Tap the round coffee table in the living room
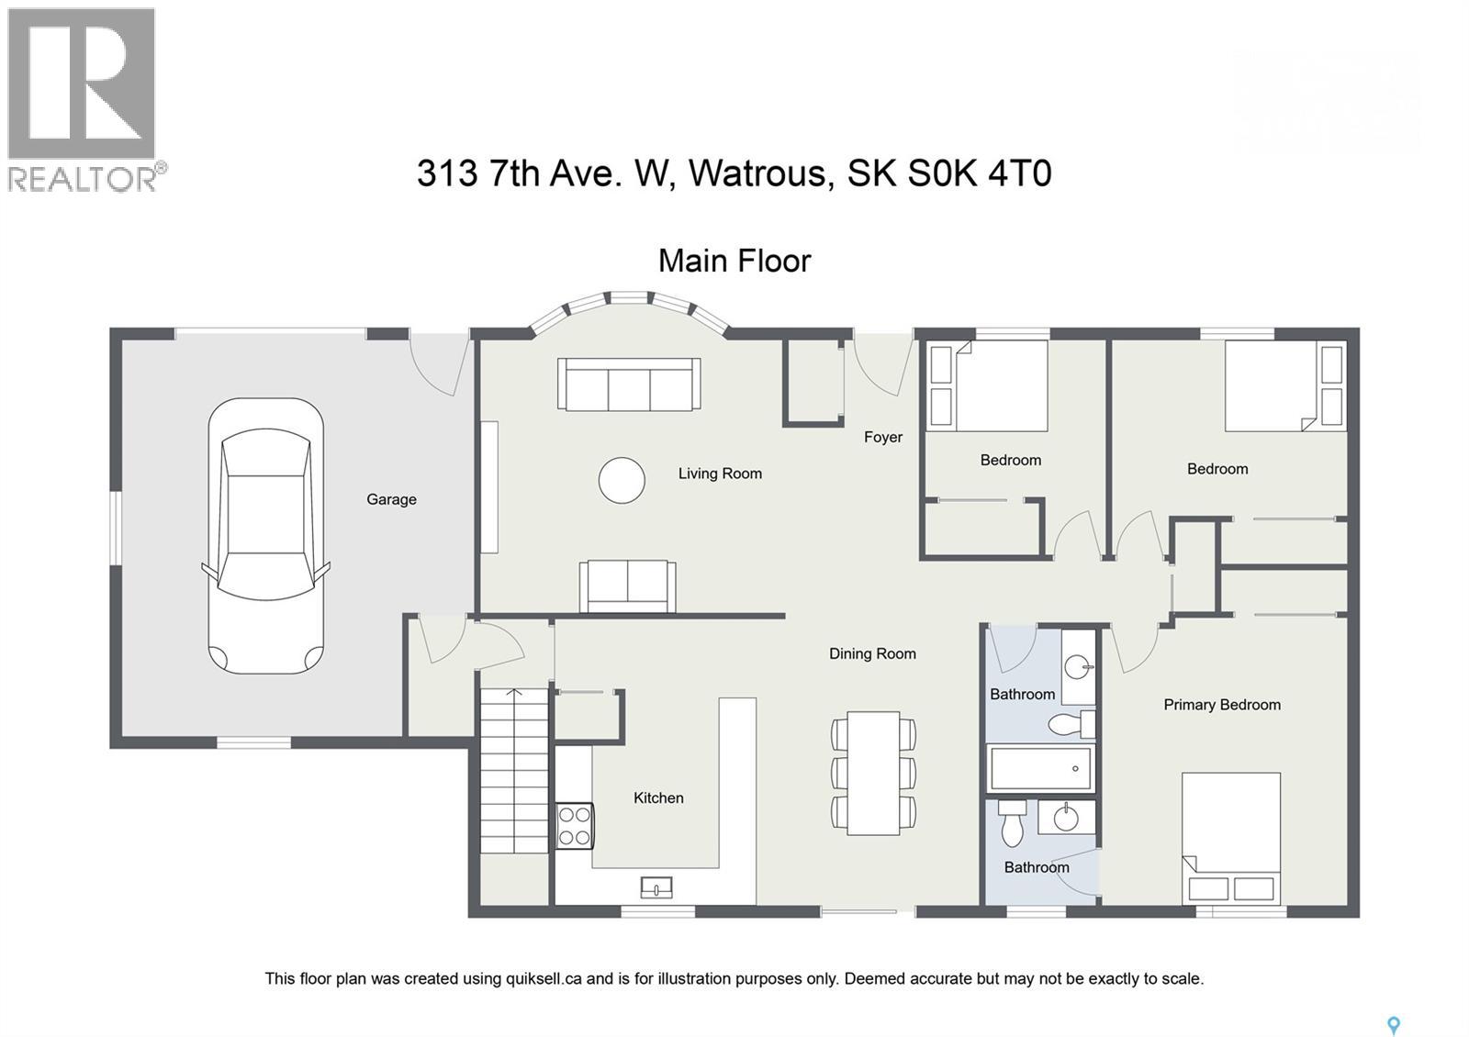click(x=622, y=480)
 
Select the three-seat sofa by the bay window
click(x=629, y=385)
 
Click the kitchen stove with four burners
click(x=575, y=825)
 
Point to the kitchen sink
click(x=656, y=887)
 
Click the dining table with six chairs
click(x=873, y=773)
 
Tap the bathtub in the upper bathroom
click(x=1041, y=768)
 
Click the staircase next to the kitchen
click(x=514, y=771)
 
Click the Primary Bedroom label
click(x=1221, y=705)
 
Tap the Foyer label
click(x=882, y=437)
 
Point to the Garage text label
click(x=391, y=499)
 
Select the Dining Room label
click(x=872, y=653)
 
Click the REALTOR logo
click(x=84, y=99)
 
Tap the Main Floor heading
click(x=734, y=261)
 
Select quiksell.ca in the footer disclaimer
click(x=544, y=978)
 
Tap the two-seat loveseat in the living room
click(x=627, y=586)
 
